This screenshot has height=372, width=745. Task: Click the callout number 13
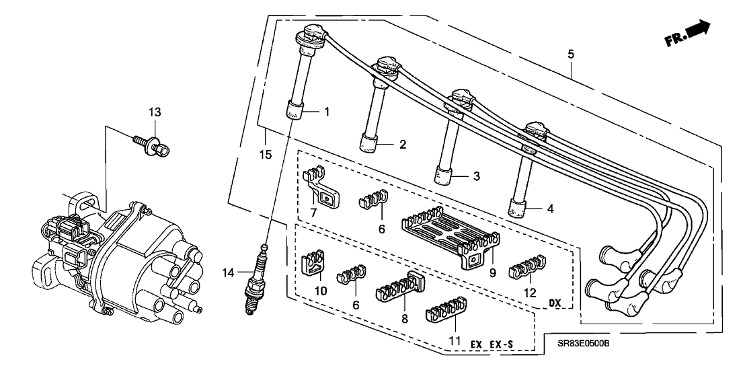click(x=155, y=111)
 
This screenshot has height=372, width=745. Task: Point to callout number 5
click(x=570, y=54)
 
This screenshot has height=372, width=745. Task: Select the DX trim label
click(x=555, y=303)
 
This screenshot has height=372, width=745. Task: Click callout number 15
click(x=266, y=154)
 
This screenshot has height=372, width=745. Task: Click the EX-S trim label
click(x=500, y=344)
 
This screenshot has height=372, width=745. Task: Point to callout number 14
click(x=227, y=272)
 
